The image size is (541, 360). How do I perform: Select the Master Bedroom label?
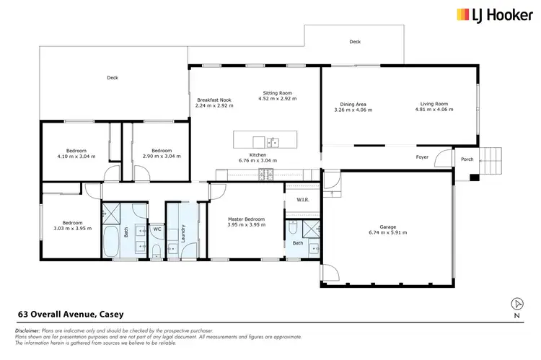point(247,219)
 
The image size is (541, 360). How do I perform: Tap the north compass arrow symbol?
point(516,304)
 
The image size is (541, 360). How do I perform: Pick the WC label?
point(156,229)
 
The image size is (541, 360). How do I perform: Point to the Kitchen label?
point(258,155)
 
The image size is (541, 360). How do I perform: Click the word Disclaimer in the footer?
point(27,330)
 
